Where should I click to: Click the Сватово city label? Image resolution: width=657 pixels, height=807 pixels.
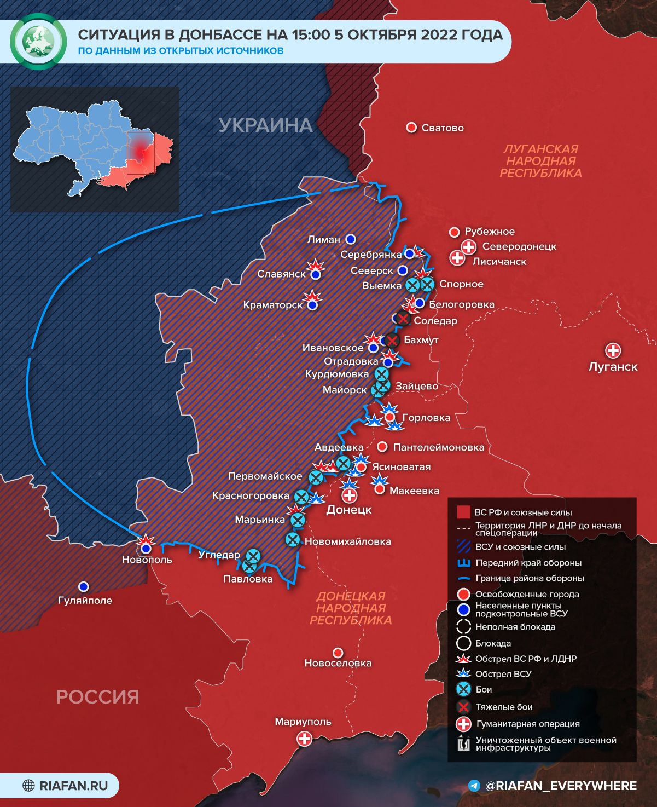tap(443, 128)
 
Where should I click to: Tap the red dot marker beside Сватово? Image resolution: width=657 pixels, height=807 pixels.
tap(411, 128)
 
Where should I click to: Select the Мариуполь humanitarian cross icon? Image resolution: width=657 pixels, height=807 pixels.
tap(304, 739)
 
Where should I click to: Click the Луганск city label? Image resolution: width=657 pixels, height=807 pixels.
tap(613, 366)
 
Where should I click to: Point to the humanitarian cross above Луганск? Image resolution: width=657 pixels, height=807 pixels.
tap(613, 350)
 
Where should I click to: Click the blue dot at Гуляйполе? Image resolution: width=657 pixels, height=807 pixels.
tap(83, 587)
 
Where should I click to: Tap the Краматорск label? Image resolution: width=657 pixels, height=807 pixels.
tap(272, 305)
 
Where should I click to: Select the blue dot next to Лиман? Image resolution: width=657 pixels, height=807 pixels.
tap(351, 239)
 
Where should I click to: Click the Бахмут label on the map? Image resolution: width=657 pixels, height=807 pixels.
tap(421, 340)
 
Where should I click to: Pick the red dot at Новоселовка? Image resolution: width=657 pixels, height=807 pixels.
tap(338, 653)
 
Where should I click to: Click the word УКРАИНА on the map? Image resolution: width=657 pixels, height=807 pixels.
tap(265, 125)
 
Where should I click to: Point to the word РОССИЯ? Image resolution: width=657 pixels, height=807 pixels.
tap(97, 697)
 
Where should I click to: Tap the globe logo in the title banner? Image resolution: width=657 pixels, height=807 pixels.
tap(38, 42)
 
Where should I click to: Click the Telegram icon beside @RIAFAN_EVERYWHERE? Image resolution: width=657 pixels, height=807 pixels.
tap(474, 786)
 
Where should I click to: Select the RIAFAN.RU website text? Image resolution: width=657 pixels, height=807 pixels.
tap(73, 786)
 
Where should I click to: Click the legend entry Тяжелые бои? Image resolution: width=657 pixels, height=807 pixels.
tap(504, 707)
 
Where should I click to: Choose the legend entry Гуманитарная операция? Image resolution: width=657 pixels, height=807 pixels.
tap(527, 724)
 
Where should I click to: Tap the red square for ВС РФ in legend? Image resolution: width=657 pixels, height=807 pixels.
tap(463, 512)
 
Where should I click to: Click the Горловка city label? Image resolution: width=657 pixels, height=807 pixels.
tap(426, 418)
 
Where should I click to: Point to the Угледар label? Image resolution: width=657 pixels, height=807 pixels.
tap(219, 555)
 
